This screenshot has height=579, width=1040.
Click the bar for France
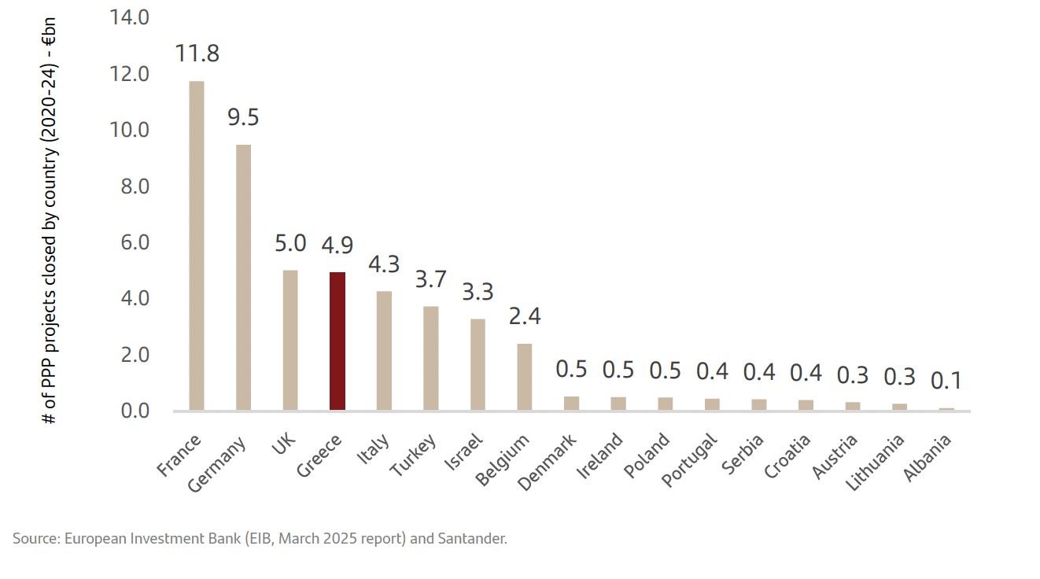pos(196,245)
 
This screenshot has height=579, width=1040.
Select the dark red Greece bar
pos(337,341)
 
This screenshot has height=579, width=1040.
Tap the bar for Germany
pos(243,277)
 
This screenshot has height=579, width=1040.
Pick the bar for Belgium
pos(525,377)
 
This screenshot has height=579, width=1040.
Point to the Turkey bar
pos(431,358)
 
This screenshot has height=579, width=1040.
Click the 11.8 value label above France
pos(197,54)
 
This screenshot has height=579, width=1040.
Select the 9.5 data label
pos(243,118)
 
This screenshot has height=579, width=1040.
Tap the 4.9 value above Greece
pos(337,245)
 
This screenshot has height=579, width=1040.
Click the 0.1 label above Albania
pos(946,381)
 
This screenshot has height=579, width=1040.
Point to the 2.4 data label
pos(525,316)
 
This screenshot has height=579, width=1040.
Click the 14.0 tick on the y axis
pos(130,17)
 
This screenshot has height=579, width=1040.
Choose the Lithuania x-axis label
pos(875,463)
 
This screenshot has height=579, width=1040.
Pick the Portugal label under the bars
pos(689,459)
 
